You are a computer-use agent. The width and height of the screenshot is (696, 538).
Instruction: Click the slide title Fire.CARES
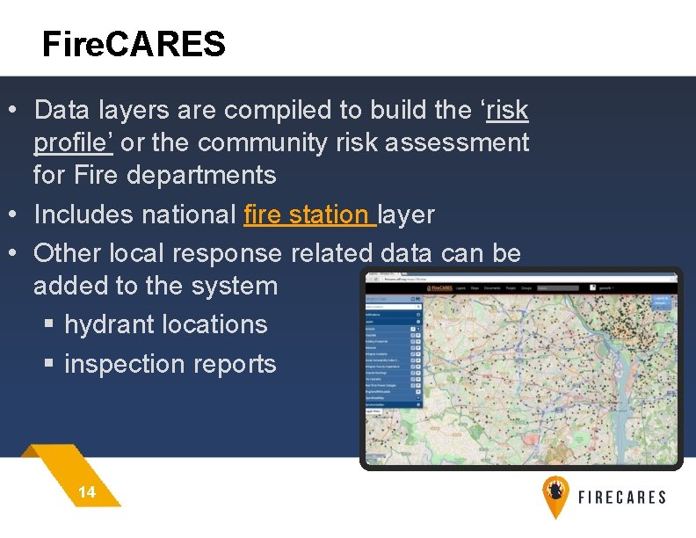click(134, 43)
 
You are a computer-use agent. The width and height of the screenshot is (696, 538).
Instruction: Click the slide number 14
click(87, 492)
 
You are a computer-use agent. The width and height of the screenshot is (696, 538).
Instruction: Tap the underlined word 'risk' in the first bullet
click(507, 110)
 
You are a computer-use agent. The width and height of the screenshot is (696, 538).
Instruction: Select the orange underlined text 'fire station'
click(307, 214)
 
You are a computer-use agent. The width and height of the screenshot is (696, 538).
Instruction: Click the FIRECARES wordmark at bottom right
click(621, 498)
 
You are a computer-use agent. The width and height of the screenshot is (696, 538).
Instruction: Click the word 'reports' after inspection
click(237, 364)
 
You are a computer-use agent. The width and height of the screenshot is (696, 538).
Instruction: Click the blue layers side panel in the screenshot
click(393, 352)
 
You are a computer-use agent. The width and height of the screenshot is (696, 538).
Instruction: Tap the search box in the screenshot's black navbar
click(559, 287)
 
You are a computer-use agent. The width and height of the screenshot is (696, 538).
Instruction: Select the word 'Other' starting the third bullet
click(68, 253)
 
